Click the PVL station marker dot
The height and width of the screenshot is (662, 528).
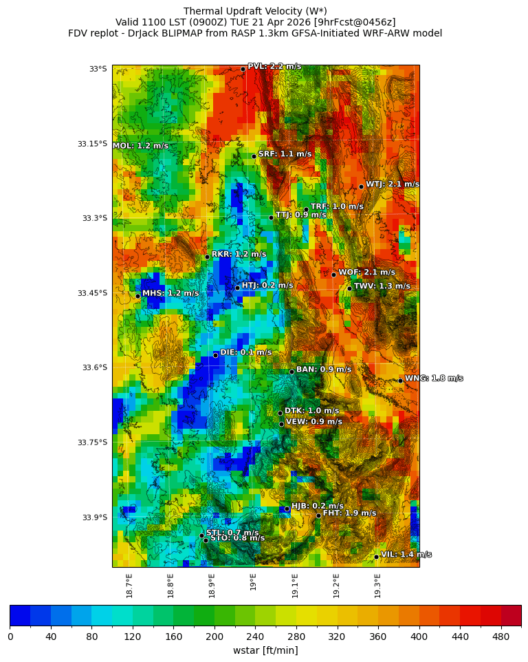point(243,69)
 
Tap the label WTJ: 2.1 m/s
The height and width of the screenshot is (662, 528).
point(392,184)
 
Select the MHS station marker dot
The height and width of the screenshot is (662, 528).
point(137,296)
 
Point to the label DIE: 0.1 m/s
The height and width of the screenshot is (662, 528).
point(245,352)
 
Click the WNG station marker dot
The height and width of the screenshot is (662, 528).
point(400,381)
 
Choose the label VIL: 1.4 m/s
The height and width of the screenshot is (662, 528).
point(406,555)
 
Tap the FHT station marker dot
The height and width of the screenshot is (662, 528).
point(318,515)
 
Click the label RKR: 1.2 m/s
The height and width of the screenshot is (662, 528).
point(239,254)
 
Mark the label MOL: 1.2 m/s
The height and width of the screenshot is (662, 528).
point(140,146)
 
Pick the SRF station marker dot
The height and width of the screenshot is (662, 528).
point(254,156)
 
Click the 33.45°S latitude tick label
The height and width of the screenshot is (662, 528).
point(92,293)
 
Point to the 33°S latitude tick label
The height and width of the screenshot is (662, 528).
point(98,69)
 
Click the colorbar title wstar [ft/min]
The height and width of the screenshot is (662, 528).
point(265,650)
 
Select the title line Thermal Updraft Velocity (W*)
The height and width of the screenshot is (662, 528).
point(255,11)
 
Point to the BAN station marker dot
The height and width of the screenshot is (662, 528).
point(291,372)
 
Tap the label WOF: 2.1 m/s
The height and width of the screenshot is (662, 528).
point(366,273)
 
